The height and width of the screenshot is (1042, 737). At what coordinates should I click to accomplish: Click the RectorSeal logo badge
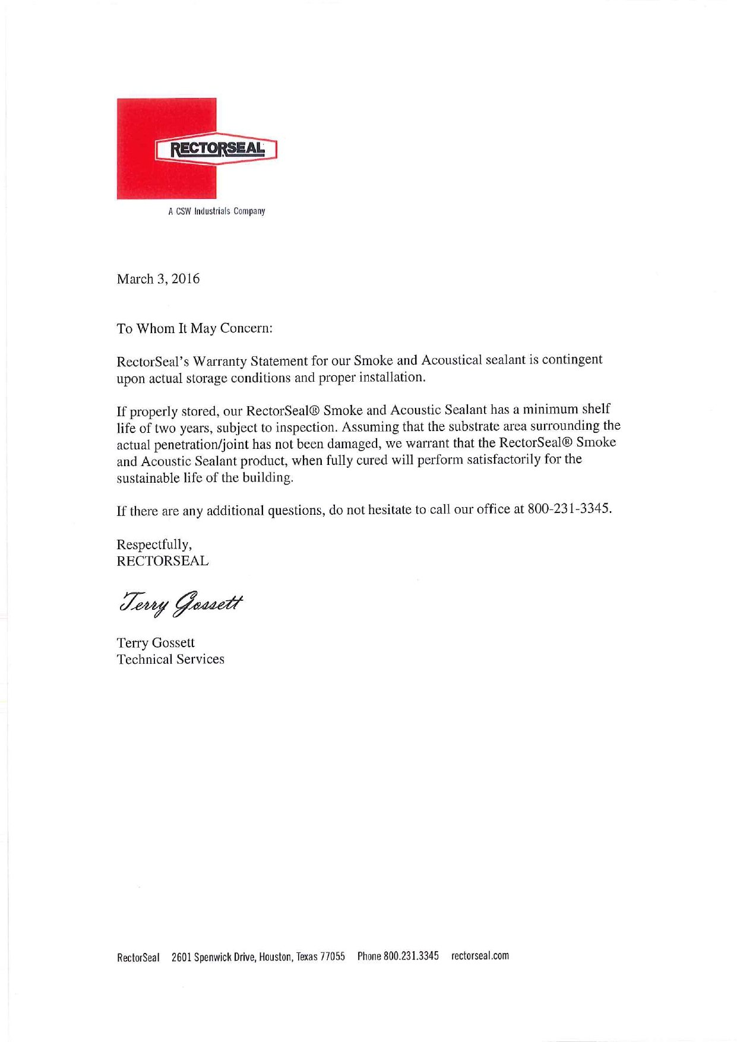tap(216, 148)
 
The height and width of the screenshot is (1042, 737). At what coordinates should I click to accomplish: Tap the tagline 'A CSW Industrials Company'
tap(216, 211)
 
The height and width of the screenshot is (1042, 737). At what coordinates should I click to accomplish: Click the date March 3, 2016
tap(158, 279)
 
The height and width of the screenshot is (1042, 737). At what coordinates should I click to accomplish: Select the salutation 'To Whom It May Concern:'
tap(194, 328)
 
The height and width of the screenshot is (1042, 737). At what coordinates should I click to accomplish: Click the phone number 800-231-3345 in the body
tap(568, 509)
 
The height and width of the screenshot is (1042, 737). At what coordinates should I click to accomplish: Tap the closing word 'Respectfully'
tap(154, 544)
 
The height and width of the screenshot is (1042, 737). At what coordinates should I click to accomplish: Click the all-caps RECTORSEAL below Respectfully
tap(162, 561)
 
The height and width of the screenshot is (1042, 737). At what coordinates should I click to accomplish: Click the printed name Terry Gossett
tap(156, 643)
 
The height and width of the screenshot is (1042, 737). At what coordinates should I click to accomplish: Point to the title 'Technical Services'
tap(170, 660)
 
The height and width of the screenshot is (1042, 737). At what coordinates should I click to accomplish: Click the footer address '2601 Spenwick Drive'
tap(213, 957)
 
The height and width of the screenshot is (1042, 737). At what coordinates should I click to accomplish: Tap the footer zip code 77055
tap(333, 957)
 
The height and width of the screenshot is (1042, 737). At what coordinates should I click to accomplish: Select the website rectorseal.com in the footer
tap(480, 956)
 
